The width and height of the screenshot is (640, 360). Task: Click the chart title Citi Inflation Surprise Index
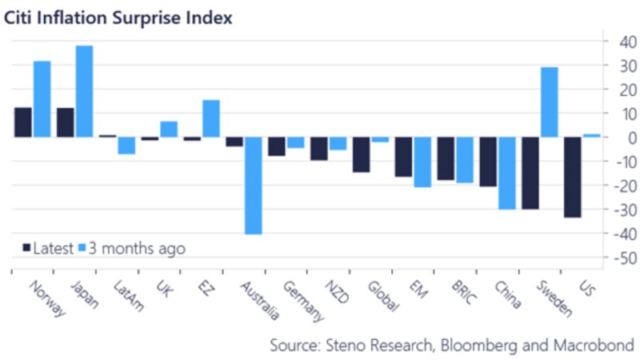tap(119, 17)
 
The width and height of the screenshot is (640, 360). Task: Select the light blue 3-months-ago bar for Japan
tap(84, 91)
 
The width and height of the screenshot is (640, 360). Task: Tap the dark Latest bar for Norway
tap(23, 122)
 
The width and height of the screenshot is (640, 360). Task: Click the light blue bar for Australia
tap(254, 186)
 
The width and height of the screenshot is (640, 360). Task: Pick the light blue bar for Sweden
tap(549, 102)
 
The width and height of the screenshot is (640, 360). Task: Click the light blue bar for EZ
tap(211, 118)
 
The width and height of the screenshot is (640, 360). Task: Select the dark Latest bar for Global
tap(361, 154)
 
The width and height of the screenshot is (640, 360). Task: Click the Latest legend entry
tap(48, 249)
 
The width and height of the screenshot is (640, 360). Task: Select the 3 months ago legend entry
tap(132, 249)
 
